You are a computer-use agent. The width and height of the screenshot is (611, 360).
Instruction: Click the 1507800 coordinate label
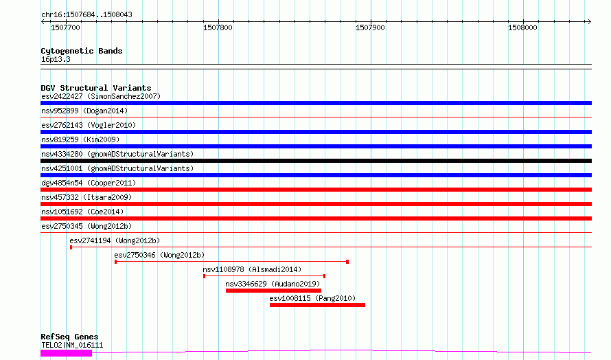tap(218, 27)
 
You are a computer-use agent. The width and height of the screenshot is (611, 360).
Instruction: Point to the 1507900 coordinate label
tap(370, 27)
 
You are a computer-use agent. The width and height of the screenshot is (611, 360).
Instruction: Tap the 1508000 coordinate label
tap(522, 27)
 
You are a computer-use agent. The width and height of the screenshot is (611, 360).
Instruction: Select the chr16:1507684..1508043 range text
tap(87, 15)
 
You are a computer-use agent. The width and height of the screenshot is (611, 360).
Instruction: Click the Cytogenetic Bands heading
tap(82, 51)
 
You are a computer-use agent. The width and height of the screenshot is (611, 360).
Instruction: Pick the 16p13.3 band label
tap(56, 60)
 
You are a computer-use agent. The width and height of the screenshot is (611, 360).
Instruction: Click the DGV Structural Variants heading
tap(96, 88)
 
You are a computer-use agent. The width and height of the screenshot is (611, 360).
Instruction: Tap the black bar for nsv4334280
tap(316, 161)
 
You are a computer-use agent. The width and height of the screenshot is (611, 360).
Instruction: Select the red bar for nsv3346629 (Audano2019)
tap(273, 291)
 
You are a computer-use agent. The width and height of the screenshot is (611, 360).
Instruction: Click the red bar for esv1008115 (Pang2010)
tap(318, 305)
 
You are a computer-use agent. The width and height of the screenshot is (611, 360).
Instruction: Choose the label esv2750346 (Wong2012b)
tap(159, 255)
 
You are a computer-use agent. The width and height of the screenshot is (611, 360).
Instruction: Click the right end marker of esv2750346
tap(347, 262)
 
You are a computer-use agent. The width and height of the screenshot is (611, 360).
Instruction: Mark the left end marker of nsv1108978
tap(204, 276)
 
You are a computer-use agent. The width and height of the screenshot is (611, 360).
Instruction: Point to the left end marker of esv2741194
tap(71, 247)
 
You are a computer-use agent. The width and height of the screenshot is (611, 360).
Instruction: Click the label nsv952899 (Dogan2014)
tap(84, 111)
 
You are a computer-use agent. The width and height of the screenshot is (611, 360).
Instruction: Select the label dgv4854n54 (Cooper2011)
tap(89, 183)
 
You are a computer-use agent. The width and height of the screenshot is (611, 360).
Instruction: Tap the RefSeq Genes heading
tap(70, 337)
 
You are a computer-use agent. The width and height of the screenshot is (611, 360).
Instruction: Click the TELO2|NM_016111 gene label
tap(72, 346)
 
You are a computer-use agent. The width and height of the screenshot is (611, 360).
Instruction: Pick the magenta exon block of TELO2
tap(66, 353)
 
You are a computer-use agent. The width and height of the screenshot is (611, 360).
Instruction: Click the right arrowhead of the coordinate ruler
tap(590, 21)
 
